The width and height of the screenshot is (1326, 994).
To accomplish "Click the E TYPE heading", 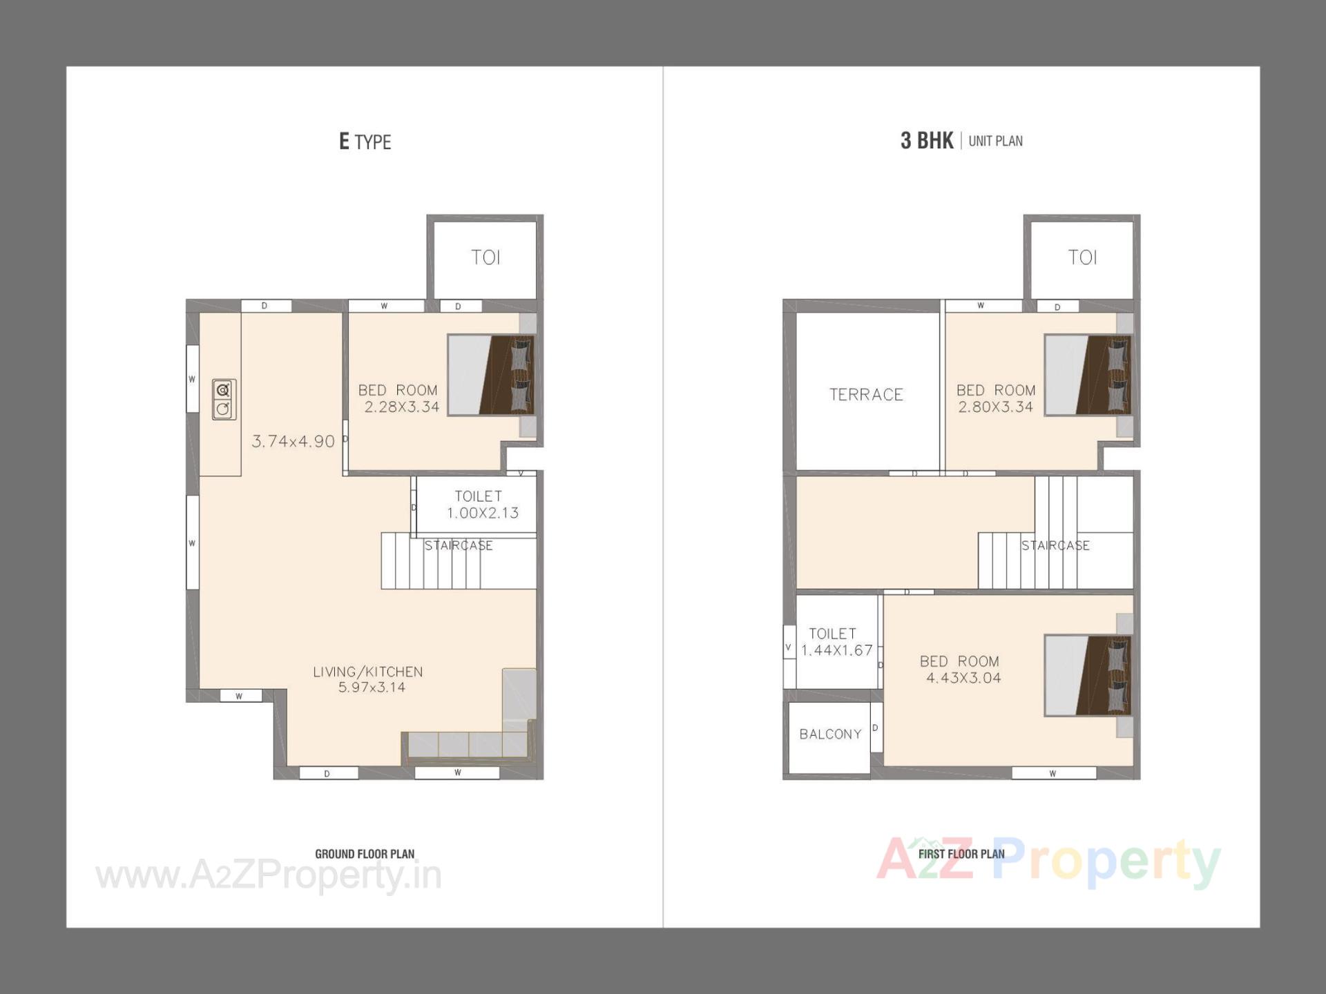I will coord(365,142).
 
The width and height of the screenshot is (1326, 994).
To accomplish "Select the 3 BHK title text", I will coord(926,141).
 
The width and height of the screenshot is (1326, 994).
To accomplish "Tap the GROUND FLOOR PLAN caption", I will coord(365,854).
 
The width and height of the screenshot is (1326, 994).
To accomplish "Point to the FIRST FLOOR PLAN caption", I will coord(961,854).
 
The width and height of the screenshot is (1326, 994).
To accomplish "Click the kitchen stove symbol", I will coord(224,399).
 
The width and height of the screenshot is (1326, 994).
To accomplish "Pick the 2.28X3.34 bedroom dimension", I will coord(402,407).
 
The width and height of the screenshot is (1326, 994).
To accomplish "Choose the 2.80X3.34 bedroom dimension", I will coord(996,407).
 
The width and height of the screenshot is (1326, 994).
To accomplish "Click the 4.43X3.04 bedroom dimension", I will coord(963,678).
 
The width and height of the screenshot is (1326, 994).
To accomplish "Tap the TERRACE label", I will coord(866,395).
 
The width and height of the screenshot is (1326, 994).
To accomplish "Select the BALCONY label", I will coord(830,734).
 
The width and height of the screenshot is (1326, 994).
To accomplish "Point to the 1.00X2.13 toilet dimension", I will coord(482,513).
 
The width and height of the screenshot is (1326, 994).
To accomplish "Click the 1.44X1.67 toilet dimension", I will coord(837,650).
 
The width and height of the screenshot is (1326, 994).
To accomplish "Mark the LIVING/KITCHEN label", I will coord(367,672).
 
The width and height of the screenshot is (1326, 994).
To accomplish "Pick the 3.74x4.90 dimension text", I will coord(293,442).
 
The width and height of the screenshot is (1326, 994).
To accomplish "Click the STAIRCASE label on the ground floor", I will coord(459,545).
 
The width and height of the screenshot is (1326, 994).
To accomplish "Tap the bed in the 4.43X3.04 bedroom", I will coord(1088,675).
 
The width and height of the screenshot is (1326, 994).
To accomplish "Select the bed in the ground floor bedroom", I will coord(490,375).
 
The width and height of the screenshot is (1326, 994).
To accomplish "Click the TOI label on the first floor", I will coord(1082,257).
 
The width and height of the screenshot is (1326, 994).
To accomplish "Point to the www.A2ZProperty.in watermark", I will coord(269,875).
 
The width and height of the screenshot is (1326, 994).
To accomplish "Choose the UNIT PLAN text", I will coord(995,141).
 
